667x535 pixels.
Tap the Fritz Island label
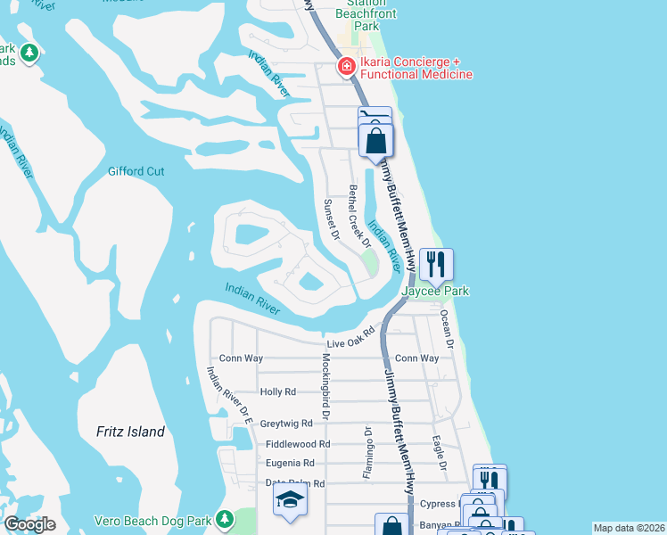[x=130, y=432]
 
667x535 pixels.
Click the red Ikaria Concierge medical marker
[x=346, y=67]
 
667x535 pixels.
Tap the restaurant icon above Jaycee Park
[x=436, y=264]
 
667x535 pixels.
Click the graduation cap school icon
[x=289, y=500]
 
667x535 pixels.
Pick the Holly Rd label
[x=277, y=391]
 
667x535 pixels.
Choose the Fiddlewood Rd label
[x=298, y=443]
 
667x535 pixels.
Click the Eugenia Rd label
[x=290, y=463]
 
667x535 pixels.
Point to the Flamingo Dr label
[x=366, y=453]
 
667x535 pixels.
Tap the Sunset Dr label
[x=331, y=219]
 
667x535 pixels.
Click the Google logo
[x=30, y=524]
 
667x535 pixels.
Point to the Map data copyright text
[x=629, y=528]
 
